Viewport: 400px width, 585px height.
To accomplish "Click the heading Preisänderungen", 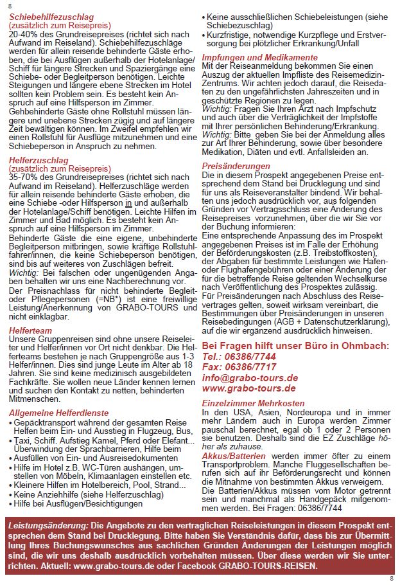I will pos(236,166).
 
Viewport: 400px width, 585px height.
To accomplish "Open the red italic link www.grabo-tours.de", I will pos(248,388).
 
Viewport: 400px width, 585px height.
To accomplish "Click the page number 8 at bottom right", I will pos(392,578).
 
